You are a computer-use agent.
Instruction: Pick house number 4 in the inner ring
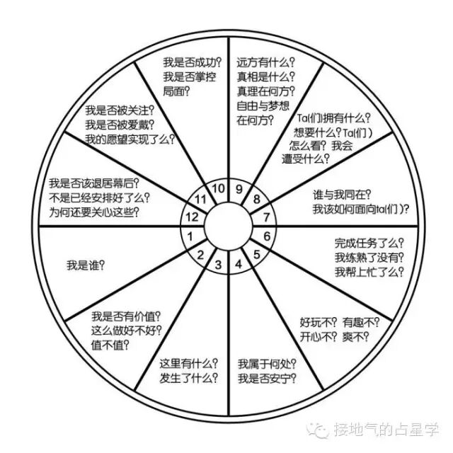click(x=239, y=265)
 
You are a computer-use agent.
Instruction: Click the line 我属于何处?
click(x=267, y=364)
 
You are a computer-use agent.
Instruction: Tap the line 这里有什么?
click(x=189, y=364)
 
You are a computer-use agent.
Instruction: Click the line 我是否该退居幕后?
click(x=93, y=183)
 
